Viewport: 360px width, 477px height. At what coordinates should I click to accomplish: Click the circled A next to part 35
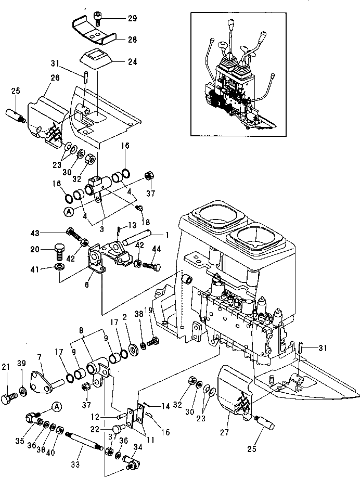coord(56,407)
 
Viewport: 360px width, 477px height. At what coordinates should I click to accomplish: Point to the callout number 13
coord(133,225)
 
